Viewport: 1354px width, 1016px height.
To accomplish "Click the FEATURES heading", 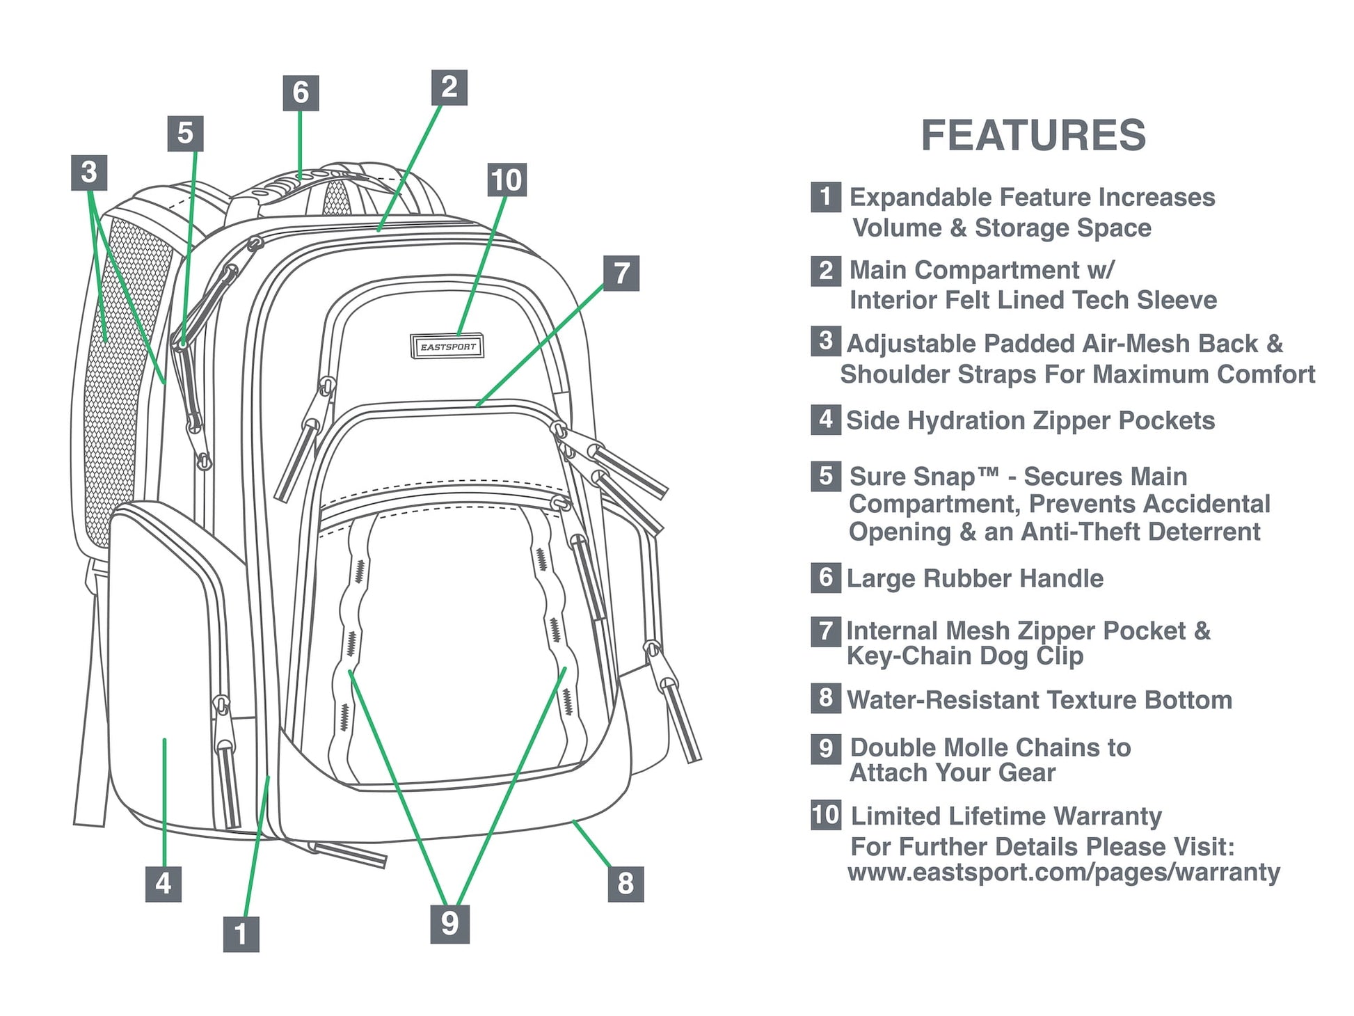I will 1033,135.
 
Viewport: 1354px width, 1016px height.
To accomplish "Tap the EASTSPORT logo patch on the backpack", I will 447,347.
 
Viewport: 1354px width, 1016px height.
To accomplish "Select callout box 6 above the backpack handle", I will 301,93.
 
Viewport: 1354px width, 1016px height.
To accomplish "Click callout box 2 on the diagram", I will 449,88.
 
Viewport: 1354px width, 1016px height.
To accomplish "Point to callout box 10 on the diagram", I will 507,180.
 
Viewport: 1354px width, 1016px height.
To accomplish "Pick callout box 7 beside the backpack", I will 621,273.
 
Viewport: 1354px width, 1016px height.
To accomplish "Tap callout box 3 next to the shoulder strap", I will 89,172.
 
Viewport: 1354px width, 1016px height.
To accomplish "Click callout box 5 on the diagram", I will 185,133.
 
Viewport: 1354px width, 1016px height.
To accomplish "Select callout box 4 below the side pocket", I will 164,884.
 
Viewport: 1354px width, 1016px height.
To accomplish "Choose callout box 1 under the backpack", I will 241,934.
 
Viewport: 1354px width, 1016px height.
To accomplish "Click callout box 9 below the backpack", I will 449,923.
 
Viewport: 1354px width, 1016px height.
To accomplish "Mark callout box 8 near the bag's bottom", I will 626,884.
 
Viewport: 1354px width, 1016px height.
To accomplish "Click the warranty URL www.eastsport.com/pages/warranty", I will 1063,872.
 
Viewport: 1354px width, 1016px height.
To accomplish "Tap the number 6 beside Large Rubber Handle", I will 825,578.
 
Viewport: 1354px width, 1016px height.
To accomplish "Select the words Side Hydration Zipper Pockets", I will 1030,420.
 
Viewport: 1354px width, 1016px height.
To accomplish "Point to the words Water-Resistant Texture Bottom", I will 1039,699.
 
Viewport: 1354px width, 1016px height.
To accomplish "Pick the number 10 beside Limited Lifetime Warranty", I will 826,815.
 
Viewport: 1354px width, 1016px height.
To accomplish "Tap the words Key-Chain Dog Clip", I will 964,656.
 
